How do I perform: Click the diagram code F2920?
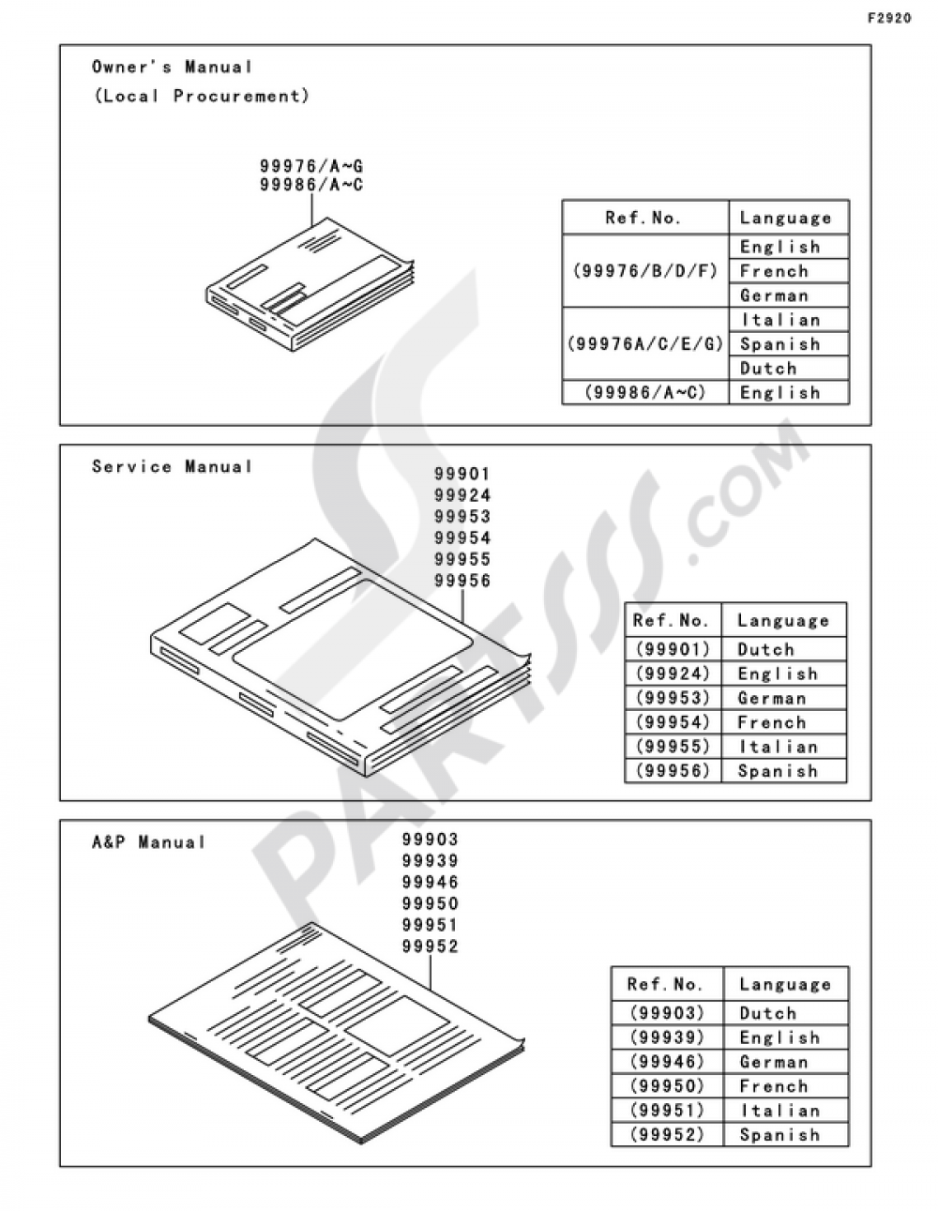coord(889,19)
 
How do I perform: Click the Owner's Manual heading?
coord(172,68)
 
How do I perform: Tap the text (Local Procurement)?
coord(201,96)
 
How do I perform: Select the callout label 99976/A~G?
coord(311,166)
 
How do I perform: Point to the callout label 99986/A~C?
coord(311,185)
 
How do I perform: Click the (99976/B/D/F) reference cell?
coord(645,271)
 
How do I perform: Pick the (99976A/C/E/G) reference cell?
coord(645,344)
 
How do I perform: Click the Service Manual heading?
coord(172,466)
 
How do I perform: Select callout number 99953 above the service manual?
coord(462,517)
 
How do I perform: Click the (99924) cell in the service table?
coord(673,674)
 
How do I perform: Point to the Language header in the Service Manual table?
coord(784,621)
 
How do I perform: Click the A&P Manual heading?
coord(149,842)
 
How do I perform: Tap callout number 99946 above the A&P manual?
coord(431,882)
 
